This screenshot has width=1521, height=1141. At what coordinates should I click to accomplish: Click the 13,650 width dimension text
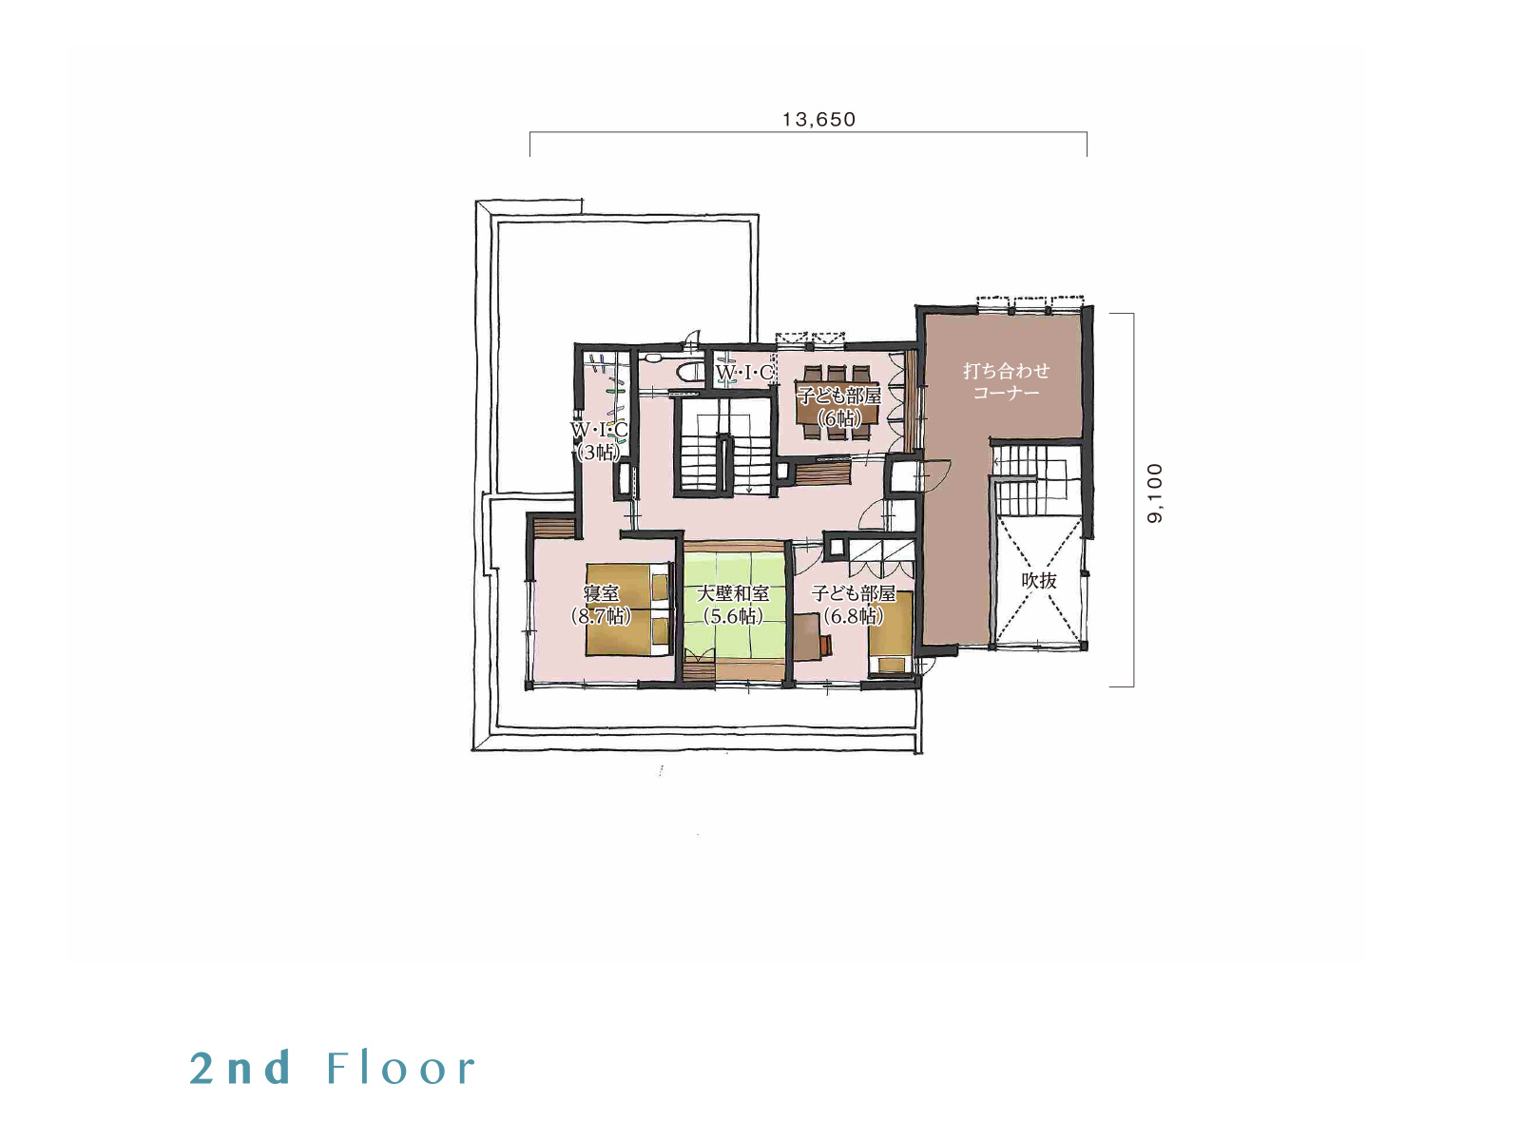[818, 120]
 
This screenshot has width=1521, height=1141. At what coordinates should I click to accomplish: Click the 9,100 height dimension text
[1155, 493]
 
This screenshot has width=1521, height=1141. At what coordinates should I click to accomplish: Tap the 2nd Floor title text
[333, 1068]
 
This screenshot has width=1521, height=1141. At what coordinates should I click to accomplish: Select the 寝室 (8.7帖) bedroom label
[601, 605]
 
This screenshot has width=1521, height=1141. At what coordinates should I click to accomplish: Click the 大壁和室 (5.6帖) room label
[732, 605]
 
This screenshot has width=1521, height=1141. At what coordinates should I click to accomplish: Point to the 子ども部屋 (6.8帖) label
[853, 605]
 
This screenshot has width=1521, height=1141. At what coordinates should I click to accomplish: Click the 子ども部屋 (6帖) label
[839, 407]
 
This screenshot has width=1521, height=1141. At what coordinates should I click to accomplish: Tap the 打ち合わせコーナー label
[1006, 381]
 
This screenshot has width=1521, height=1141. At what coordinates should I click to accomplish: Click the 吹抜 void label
[1039, 581]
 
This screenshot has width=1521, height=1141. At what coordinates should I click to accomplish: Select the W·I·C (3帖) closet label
[599, 440]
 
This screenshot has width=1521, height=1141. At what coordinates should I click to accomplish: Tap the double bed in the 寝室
[627, 609]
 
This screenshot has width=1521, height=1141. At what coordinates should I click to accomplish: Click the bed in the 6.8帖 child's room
[890, 632]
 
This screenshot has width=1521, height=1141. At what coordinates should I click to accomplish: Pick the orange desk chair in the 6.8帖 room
[826, 642]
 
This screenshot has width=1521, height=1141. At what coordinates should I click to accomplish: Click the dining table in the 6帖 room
[838, 402]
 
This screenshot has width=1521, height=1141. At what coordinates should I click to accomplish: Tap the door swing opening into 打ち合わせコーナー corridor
[935, 475]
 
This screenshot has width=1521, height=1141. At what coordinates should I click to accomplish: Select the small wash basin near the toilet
[653, 358]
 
